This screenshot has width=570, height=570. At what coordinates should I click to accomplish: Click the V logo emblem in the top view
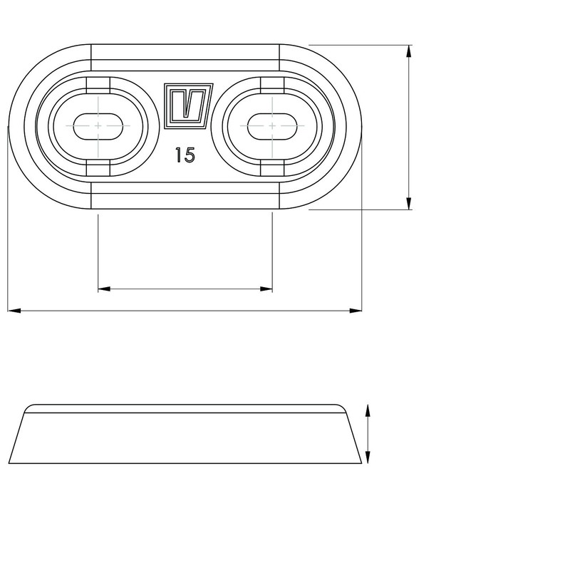[188, 105]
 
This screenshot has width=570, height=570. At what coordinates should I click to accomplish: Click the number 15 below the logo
[185, 155]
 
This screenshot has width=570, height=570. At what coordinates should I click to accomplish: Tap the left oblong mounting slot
[98, 126]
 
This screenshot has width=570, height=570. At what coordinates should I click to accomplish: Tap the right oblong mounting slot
[272, 126]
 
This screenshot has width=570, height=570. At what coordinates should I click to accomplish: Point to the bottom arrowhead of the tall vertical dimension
[409, 203]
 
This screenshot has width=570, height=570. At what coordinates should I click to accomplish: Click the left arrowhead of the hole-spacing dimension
[104, 289]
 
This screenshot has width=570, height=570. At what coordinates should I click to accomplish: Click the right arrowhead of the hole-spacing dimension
[266, 289]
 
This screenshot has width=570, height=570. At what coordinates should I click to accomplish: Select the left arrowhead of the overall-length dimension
[14, 311]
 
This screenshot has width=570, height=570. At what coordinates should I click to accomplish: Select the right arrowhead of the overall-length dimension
[356, 311]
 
